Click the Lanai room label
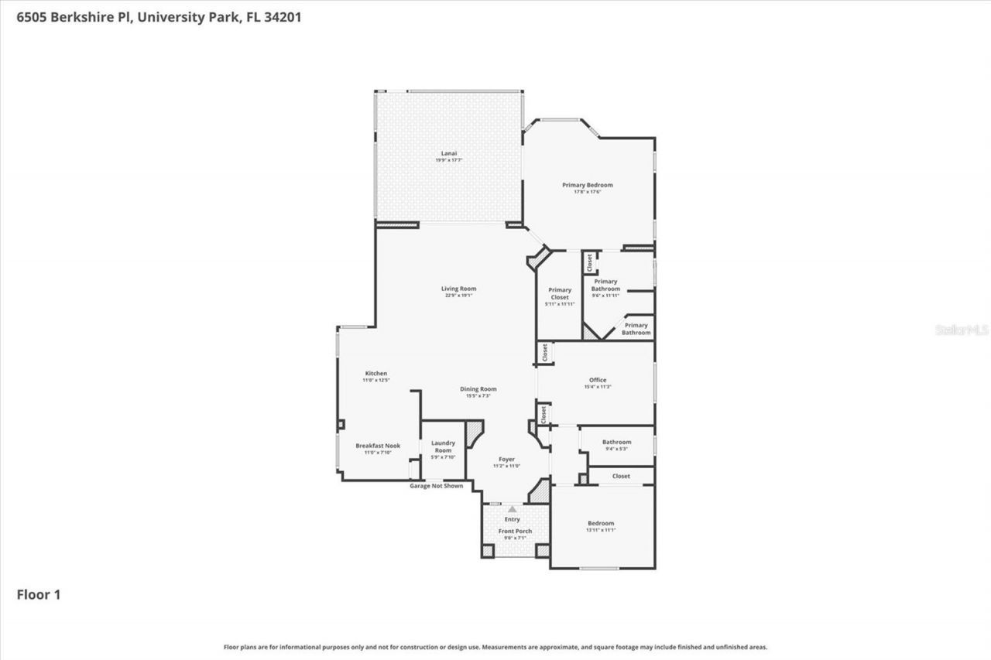(x=448, y=153)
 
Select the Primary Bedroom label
(x=587, y=185)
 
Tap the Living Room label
(x=459, y=289)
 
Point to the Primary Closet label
(x=560, y=293)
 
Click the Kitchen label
(x=375, y=374)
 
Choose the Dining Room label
(x=478, y=389)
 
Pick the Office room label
(x=598, y=380)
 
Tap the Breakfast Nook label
(x=378, y=446)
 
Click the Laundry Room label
(x=443, y=446)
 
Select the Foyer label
(x=506, y=460)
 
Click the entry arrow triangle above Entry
(x=512, y=509)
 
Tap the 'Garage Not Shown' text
(x=436, y=486)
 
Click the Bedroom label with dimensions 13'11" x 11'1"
(x=600, y=524)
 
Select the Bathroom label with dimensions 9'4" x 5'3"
(x=616, y=442)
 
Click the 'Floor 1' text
(x=39, y=595)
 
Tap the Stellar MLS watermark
(x=962, y=330)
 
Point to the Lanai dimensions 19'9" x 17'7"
(x=448, y=160)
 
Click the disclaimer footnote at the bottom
(x=495, y=647)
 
